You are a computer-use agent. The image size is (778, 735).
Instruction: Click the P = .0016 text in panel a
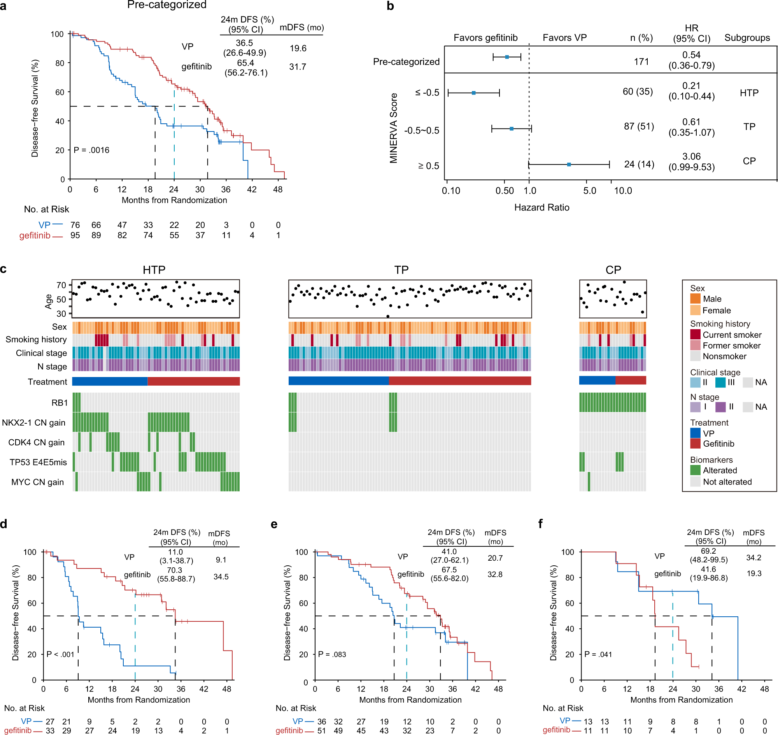pyautogui.click(x=91, y=150)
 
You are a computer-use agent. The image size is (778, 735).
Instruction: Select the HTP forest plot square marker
pyautogui.click(x=473, y=93)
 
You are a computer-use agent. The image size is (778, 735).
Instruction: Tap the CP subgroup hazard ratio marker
pyautogui.click(x=568, y=165)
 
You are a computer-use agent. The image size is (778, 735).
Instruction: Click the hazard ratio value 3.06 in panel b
pyautogui.click(x=691, y=157)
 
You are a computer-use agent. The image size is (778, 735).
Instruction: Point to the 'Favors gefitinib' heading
pyautogui.click(x=485, y=38)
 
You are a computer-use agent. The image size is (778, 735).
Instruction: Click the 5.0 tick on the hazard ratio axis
pyautogui.click(x=589, y=191)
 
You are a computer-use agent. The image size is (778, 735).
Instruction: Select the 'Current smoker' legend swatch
pyautogui.click(x=695, y=335)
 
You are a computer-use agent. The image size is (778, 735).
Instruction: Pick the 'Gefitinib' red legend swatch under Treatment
pyautogui.click(x=695, y=444)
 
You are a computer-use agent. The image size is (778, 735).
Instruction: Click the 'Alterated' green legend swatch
pyautogui.click(x=695, y=470)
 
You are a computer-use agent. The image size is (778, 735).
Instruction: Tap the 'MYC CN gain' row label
pyautogui.click(x=37, y=482)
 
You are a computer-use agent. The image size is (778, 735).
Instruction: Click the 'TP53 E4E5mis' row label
pyautogui.click(x=38, y=462)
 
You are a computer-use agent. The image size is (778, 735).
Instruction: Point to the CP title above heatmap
pyautogui.click(x=613, y=270)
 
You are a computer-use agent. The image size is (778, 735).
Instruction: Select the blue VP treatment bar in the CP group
pyautogui.click(x=597, y=380)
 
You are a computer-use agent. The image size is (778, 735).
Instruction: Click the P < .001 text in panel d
pyautogui.click(x=60, y=654)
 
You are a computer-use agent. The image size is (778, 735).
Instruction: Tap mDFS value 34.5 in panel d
pyautogui.click(x=221, y=577)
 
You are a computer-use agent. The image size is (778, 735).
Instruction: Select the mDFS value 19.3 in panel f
pyautogui.click(x=753, y=574)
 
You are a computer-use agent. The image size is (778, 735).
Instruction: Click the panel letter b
pyautogui.click(x=390, y=6)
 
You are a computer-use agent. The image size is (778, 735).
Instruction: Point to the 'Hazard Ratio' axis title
pyautogui.click(x=541, y=208)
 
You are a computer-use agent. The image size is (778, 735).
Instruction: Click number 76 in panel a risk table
pyautogui.click(x=75, y=225)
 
